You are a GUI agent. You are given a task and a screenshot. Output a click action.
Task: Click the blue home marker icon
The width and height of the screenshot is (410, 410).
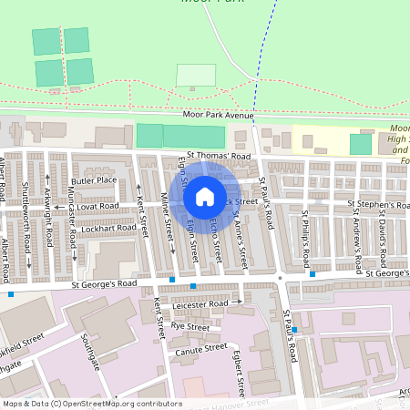click(x=205, y=196)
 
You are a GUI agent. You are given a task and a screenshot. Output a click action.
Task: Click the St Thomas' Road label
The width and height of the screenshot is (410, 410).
click(x=218, y=156)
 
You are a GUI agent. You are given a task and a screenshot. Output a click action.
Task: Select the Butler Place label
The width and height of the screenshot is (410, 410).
click(x=96, y=180)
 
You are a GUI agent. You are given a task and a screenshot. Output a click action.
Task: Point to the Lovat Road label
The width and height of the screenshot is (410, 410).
click(x=98, y=207)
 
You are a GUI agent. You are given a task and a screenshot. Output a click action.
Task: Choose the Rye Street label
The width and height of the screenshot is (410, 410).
click(x=190, y=326)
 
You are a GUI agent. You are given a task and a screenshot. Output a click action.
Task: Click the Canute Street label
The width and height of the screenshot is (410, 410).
click(x=202, y=347)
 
